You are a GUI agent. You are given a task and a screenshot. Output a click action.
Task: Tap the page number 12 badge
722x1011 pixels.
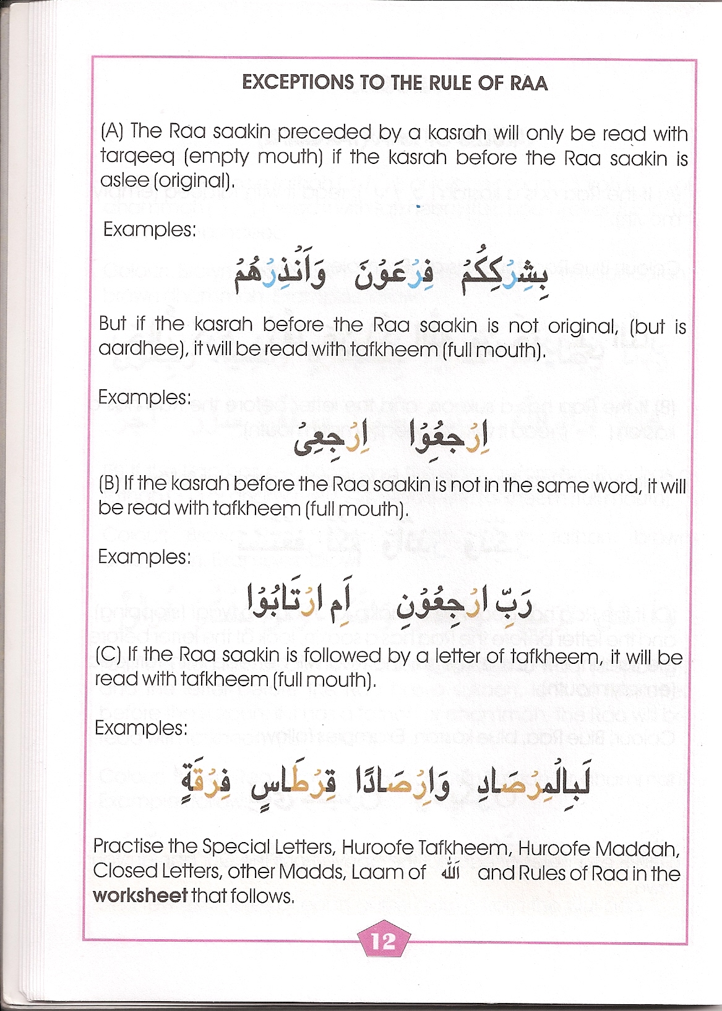pyautogui.click(x=383, y=940)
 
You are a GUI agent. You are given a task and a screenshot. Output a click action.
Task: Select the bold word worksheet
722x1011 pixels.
pyautogui.click(x=140, y=895)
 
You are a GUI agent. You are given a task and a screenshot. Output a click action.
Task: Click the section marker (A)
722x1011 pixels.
pyautogui.click(x=112, y=131)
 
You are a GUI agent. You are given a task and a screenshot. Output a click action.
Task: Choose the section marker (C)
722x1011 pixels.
pyautogui.click(x=108, y=655)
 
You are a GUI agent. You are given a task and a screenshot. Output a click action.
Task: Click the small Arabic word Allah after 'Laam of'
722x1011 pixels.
pyautogui.click(x=450, y=872)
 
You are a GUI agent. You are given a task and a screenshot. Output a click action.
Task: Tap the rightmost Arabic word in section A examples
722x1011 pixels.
pyautogui.click(x=504, y=278)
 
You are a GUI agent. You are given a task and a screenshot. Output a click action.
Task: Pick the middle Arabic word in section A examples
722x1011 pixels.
pyautogui.click(x=394, y=278)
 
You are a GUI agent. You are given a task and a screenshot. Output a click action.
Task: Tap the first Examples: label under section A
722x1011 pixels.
pyautogui.click(x=149, y=230)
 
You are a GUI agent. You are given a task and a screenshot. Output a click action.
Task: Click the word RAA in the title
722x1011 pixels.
pyautogui.click(x=529, y=82)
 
